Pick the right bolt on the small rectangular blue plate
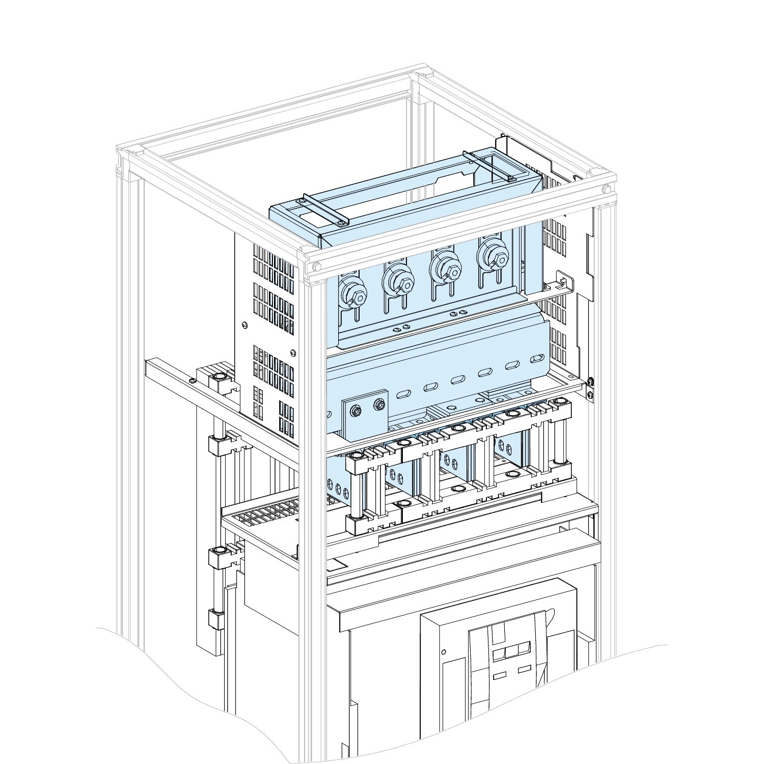pos(378,404)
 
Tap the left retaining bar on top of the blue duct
pos(325,209)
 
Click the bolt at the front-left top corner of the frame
pos(317,266)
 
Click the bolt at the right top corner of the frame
pos(606,189)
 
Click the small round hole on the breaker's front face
pos(443,651)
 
